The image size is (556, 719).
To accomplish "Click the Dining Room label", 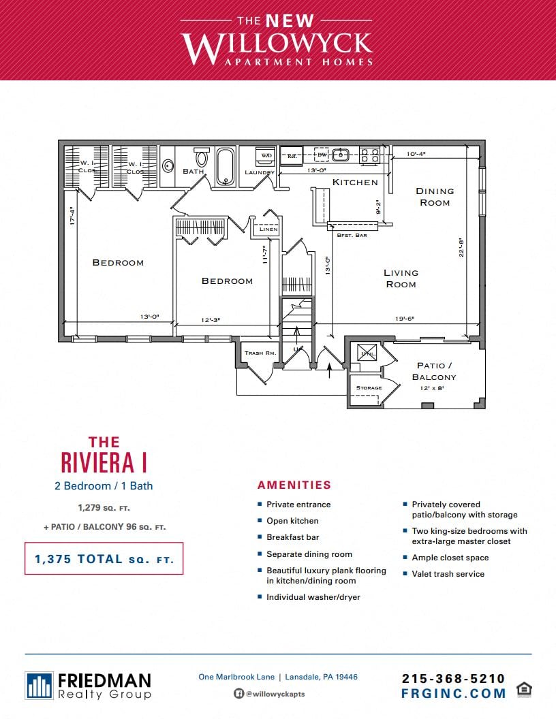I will tap(434, 197).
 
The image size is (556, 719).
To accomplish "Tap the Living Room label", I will tap(401, 278).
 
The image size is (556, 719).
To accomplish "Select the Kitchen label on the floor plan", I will tap(354, 182).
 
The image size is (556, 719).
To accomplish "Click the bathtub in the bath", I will tap(226, 167).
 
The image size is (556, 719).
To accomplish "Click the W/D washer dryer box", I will tap(265, 156).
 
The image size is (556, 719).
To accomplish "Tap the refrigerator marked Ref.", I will tap(292, 155).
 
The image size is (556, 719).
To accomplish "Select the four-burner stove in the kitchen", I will tap(369, 155).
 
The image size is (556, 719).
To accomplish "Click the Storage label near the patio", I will tap(369, 388).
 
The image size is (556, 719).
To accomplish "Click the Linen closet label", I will tap(268, 229).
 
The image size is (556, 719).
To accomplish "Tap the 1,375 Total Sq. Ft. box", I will tap(104, 559).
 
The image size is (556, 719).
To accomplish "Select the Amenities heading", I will tap(294, 485).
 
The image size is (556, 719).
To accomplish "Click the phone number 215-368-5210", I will tap(453, 678).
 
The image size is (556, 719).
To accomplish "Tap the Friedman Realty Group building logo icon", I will tap(39, 686).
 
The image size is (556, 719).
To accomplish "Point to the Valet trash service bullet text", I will tap(448, 574).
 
